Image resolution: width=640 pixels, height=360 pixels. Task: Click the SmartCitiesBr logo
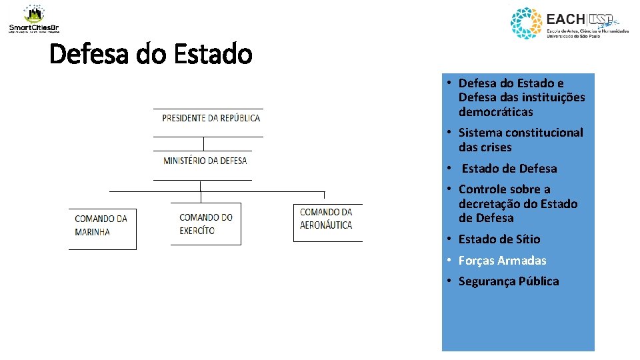pyautogui.click(x=33, y=19)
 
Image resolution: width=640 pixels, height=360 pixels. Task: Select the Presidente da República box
pyautogui.click(x=211, y=119)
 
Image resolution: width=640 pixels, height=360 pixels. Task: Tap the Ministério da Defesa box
pyautogui.click(x=205, y=161)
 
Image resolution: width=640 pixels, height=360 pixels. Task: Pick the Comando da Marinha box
pyautogui.click(x=101, y=225)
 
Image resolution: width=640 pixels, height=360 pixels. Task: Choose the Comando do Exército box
pyautogui.click(x=206, y=224)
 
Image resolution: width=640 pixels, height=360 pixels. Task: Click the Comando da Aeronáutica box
pyautogui.click(x=327, y=219)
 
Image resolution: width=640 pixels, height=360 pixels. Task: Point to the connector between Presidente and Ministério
pyautogui.click(x=203, y=143)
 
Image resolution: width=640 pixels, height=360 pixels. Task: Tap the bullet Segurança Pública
pyautogui.click(x=509, y=281)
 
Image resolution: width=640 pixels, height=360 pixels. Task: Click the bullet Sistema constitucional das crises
pyautogui.click(x=520, y=140)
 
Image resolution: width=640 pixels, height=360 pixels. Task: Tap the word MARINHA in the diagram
pyautogui.click(x=93, y=233)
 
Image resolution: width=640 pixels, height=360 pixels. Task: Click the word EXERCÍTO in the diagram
pyautogui.click(x=197, y=231)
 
